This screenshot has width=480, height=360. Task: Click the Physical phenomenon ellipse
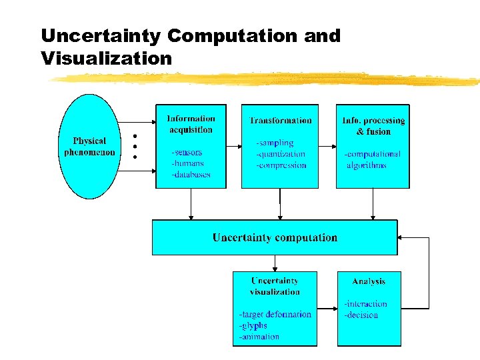(89, 147)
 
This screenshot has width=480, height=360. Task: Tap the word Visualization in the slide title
(107, 59)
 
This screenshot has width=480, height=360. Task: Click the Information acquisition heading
(191, 125)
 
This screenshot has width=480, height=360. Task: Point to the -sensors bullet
(187, 153)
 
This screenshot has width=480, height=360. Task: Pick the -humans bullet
(187, 163)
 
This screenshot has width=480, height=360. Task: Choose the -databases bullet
(191, 175)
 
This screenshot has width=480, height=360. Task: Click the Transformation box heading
(280, 121)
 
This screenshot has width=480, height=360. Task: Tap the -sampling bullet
(275, 143)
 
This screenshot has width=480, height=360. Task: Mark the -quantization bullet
(281, 154)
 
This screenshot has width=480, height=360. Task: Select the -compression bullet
(281, 165)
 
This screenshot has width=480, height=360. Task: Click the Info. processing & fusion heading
(373, 126)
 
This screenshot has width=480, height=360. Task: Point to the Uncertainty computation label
(275, 237)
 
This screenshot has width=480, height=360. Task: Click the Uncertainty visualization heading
(275, 286)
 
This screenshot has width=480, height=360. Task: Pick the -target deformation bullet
(275, 314)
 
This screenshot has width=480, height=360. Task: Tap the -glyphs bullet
(253, 325)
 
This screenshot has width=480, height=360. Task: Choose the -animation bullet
(259, 337)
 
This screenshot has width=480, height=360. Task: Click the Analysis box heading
(369, 281)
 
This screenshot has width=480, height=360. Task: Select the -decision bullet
(361, 315)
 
